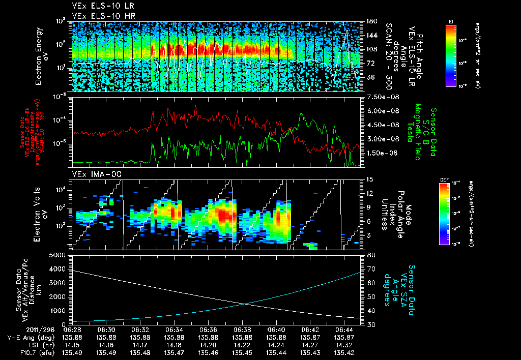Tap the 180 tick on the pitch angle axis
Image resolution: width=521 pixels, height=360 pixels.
(371, 21)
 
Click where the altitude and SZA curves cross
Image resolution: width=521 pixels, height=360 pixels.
(246, 304)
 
